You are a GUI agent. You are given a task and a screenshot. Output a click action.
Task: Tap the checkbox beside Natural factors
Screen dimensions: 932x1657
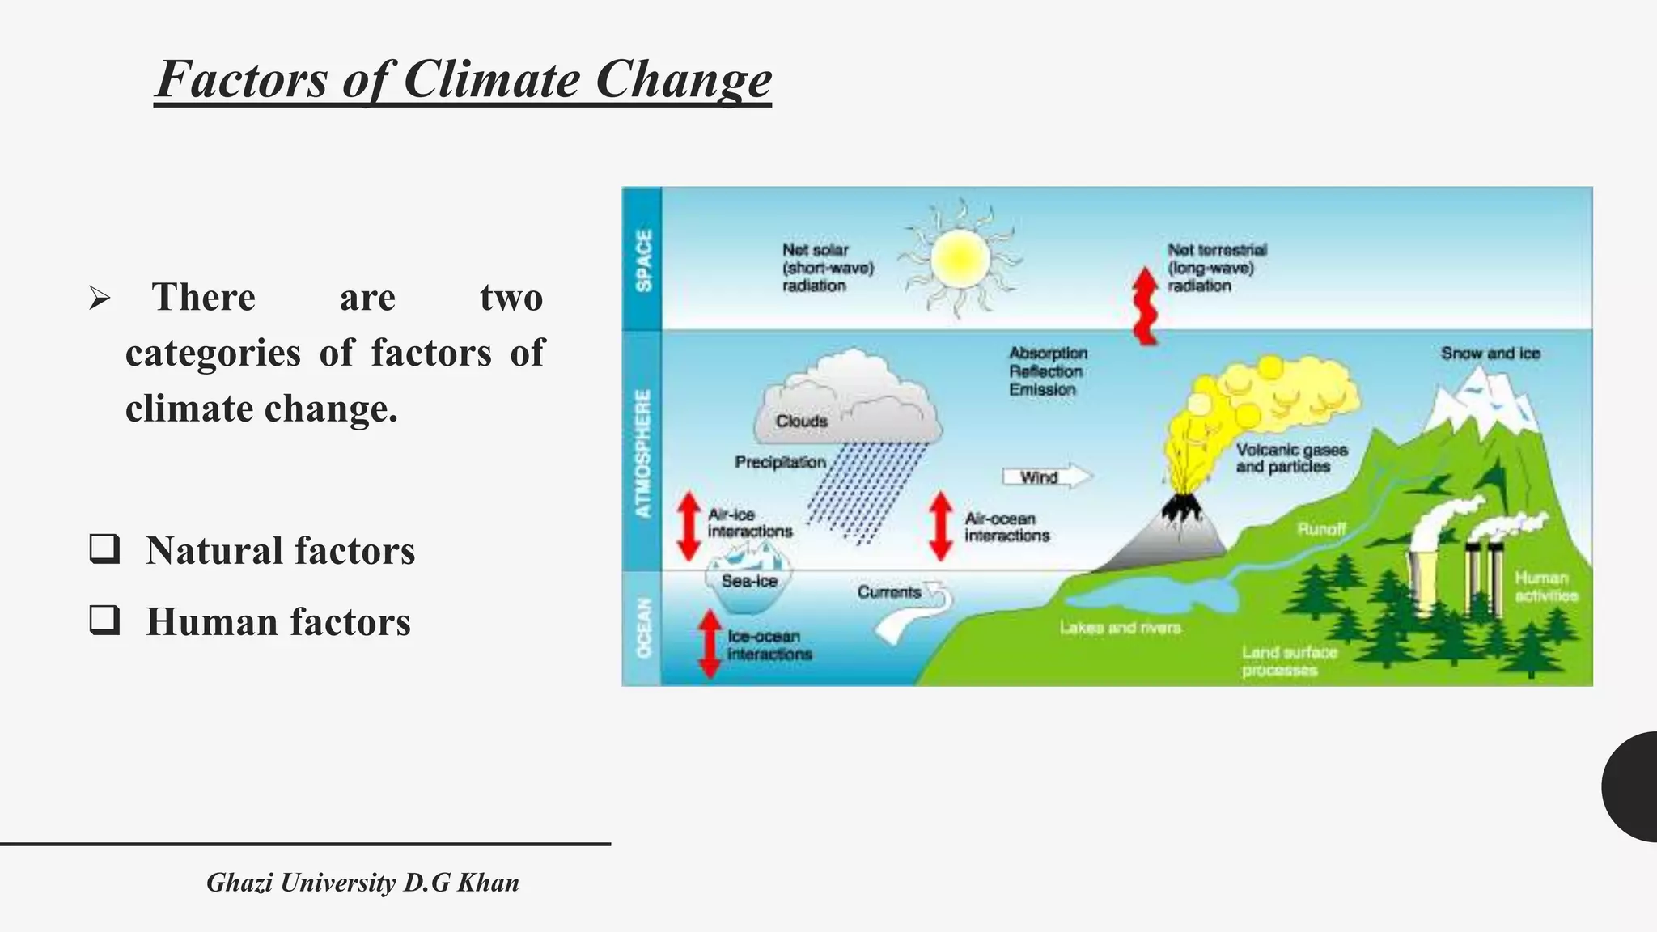105,549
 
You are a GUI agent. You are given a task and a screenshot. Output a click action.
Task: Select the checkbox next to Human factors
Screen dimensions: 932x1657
105,621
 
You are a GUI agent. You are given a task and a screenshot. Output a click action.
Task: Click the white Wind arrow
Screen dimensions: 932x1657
1047,477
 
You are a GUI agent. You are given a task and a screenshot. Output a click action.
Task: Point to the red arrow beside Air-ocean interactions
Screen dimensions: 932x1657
940,526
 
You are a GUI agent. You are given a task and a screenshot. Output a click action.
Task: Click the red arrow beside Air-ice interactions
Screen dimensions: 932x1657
689,526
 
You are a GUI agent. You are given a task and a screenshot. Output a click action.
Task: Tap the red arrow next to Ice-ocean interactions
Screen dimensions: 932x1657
710,644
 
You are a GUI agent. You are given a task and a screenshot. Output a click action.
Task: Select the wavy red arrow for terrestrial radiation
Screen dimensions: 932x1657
1145,306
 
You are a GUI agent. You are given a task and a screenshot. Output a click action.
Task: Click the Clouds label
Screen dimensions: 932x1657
802,422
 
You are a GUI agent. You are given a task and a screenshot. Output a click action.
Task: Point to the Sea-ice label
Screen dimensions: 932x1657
749,581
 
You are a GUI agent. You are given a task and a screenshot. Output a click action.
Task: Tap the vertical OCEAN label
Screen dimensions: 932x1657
643,628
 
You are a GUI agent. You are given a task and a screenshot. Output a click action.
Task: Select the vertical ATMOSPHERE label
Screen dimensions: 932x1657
643,453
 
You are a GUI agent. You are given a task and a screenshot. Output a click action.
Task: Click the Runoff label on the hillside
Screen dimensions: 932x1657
1321,529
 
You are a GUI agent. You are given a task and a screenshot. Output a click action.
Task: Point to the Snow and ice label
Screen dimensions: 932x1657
1490,354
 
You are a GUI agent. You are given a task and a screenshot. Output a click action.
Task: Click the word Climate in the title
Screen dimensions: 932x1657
491,80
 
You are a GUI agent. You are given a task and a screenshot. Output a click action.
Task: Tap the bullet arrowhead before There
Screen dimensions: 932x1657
100,299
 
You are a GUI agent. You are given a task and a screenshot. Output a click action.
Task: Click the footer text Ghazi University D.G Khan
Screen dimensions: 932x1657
362,883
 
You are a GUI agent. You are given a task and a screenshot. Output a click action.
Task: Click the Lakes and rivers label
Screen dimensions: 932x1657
1121,628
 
